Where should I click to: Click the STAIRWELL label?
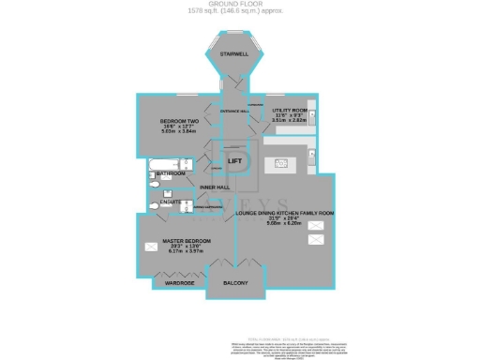click(x=232, y=55)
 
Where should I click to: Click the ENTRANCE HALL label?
click(x=233, y=112)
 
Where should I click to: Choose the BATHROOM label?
click(x=171, y=173)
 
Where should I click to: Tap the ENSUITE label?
click(x=171, y=202)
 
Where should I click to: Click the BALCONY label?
click(x=234, y=282)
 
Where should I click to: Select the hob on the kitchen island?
click(x=279, y=164)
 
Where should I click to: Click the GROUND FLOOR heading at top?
click(x=240, y=5)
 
